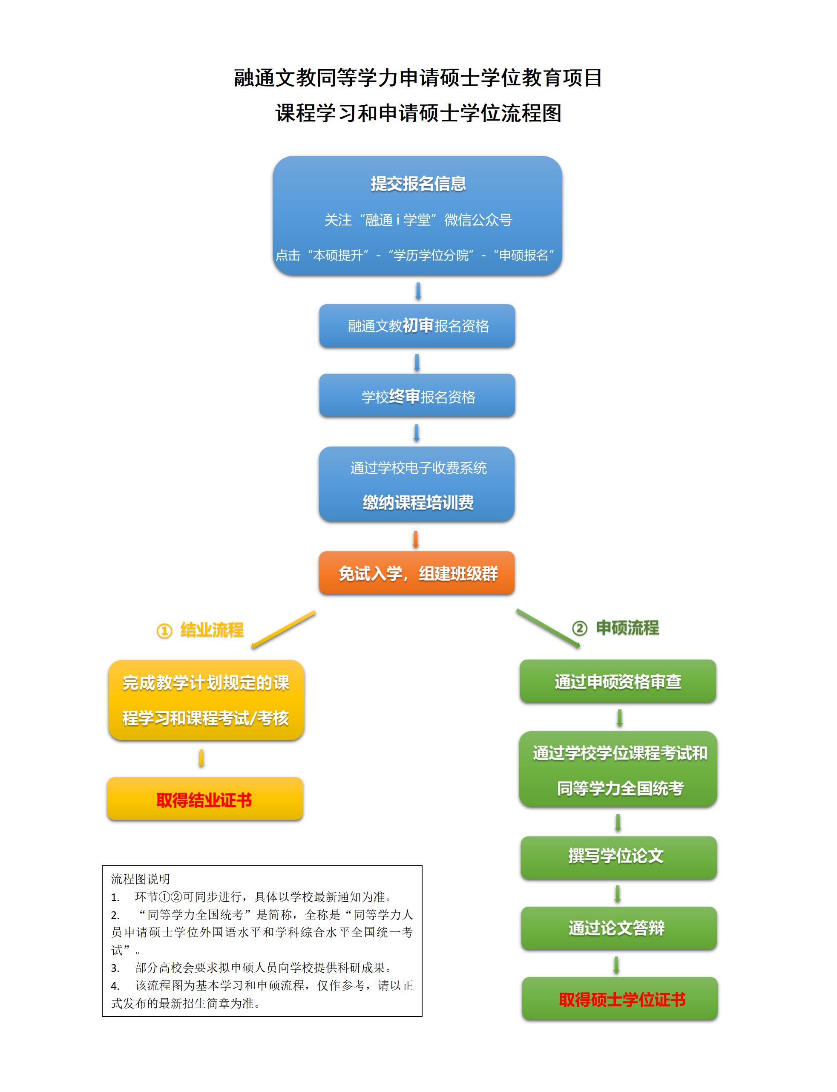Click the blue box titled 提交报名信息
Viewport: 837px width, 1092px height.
(x=417, y=215)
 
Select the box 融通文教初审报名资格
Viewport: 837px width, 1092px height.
(x=417, y=326)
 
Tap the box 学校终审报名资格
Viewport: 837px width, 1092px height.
(x=417, y=395)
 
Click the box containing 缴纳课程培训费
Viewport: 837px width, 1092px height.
(x=417, y=484)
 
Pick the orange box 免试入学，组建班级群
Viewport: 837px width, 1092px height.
(x=417, y=573)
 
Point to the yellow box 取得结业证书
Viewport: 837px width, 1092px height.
(x=205, y=798)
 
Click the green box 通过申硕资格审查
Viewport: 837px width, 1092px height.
(x=618, y=681)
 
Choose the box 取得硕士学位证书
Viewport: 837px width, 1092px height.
(x=620, y=999)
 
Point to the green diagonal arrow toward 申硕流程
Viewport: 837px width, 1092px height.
(x=548, y=628)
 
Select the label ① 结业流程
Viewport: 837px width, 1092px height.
(x=200, y=630)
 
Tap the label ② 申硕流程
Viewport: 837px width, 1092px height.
(x=616, y=628)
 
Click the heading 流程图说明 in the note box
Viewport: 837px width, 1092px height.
(x=141, y=879)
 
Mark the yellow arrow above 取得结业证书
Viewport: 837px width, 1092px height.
(x=201, y=758)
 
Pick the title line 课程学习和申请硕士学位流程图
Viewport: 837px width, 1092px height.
(x=418, y=113)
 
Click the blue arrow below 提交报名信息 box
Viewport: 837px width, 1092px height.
(x=418, y=291)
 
